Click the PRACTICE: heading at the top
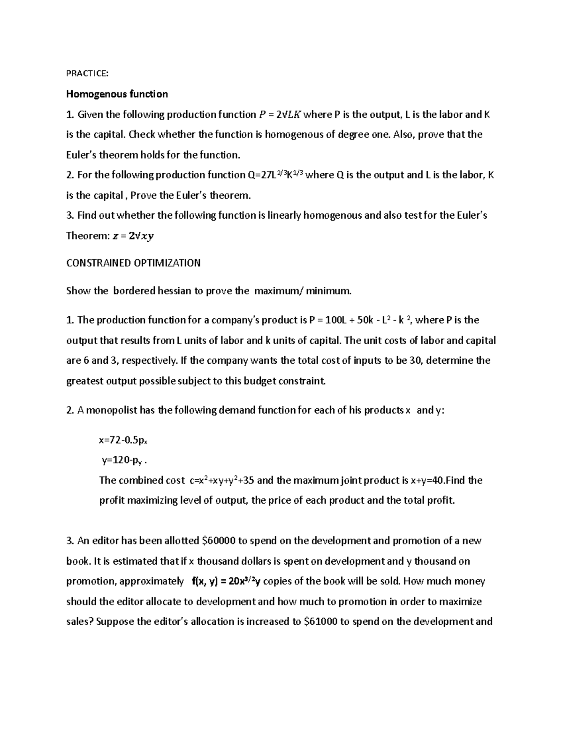(x=87, y=74)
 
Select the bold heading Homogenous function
(x=117, y=94)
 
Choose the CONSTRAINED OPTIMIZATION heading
(x=133, y=263)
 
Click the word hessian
(x=174, y=291)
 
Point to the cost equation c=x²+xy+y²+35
(x=222, y=480)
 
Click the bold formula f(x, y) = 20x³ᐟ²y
(x=227, y=581)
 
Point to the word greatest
(x=85, y=381)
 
